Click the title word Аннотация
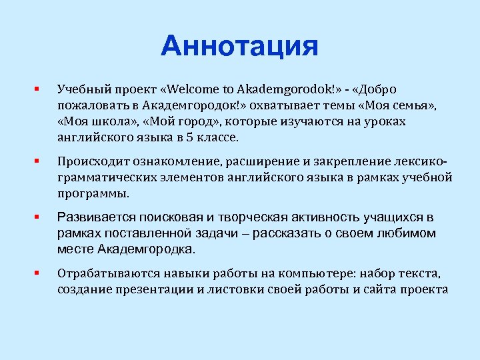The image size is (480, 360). [239, 47]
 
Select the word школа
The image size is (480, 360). [105, 122]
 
